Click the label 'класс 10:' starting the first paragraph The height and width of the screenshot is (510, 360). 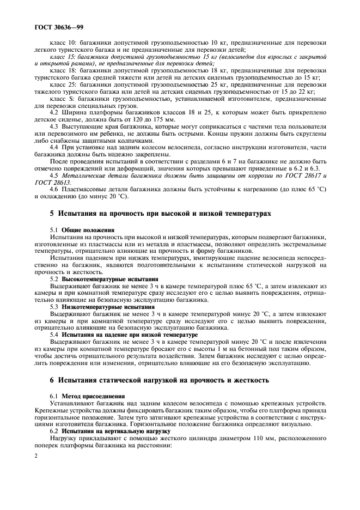pyautogui.click(x=64, y=43)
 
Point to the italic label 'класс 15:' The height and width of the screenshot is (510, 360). pyautogui.click(x=64, y=57)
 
